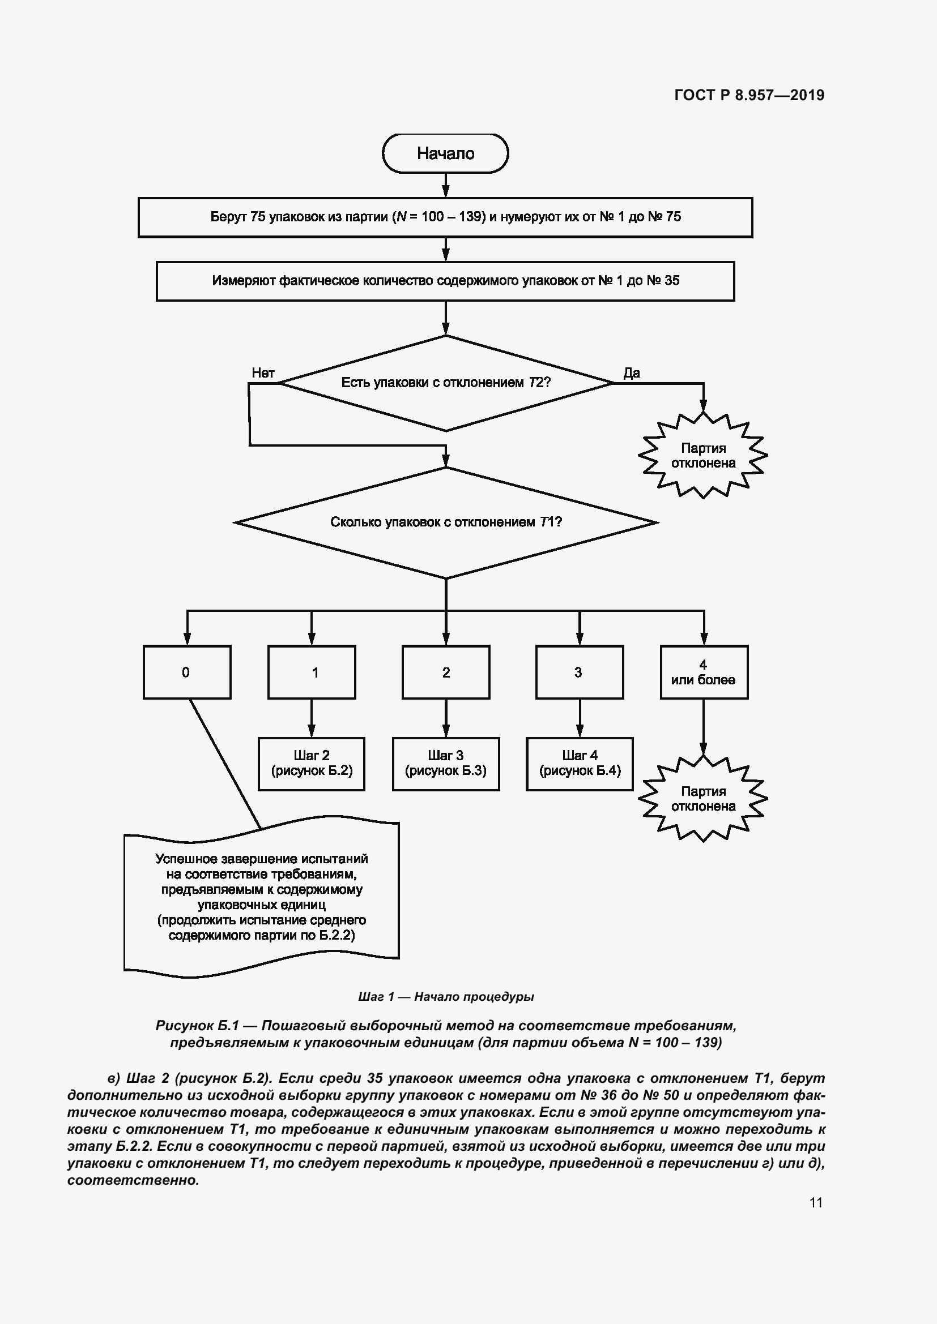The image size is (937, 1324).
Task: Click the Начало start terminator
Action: (445, 153)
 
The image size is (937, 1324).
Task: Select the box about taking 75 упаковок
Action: (445, 217)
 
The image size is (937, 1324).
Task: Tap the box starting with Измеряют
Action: (445, 281)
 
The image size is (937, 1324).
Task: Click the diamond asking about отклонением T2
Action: (445, 383)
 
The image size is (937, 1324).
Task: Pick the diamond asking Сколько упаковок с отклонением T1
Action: (445, 522)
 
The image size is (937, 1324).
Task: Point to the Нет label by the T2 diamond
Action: (263, 373)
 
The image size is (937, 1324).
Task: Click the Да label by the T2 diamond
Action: (632, 373)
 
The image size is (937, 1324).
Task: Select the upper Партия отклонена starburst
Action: (702, 456)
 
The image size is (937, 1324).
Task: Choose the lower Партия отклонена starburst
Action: (702, 799)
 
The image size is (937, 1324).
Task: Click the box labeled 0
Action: (187, 672)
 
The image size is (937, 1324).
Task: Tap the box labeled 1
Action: (312, 672)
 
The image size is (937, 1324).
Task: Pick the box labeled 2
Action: (446, 672)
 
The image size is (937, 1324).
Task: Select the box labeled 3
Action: (580, 672)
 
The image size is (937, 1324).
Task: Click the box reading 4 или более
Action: (704, 672)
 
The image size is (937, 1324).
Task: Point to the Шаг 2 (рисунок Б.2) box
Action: (312, 764)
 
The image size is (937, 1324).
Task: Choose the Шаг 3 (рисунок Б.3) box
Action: (446, 764)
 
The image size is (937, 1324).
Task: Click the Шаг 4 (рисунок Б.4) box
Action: (580, 764)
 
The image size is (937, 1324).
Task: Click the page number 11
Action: (815, 1202)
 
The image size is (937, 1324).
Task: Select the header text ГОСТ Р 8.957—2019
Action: (749, 96)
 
